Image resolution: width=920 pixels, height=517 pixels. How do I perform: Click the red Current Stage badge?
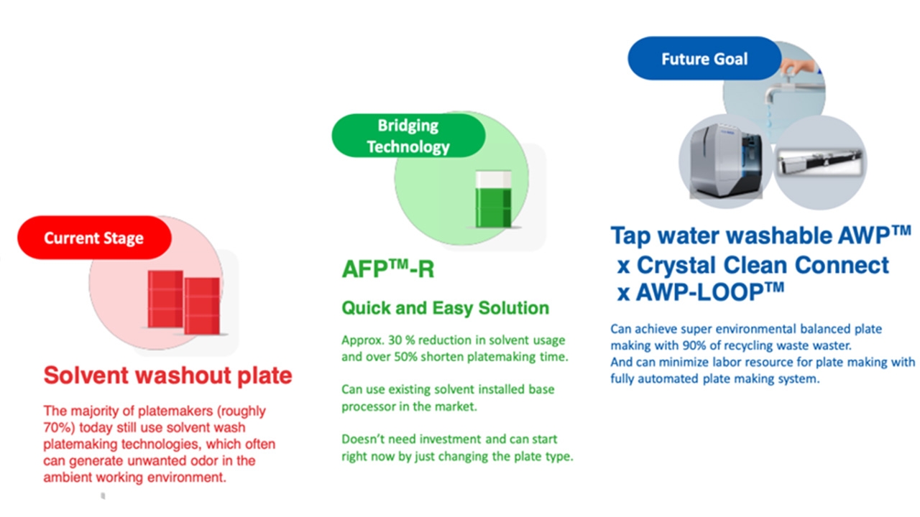[94, 238]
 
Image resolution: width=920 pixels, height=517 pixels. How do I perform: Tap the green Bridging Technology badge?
[408, 136]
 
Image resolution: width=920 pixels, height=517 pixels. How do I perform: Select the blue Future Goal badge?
[704, 58]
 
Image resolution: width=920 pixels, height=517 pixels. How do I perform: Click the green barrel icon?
[493, 200]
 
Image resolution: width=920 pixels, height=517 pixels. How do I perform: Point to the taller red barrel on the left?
[165, 299]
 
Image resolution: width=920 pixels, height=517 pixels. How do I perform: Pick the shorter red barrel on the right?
[202, 306]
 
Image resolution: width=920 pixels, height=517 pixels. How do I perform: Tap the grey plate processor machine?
[726, 161]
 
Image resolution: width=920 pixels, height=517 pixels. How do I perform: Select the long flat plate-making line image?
[820, 162]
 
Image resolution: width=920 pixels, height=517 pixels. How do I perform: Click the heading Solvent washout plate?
[167, 375]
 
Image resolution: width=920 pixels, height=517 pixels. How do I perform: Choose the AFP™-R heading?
[387, 269]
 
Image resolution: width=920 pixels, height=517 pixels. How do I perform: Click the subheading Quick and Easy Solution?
[445, 308]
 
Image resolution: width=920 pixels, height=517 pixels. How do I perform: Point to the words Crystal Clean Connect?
[763, 265]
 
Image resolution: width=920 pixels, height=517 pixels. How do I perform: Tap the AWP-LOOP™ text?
[710, 292]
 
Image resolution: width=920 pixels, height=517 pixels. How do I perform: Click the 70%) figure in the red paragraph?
[59, 427]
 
